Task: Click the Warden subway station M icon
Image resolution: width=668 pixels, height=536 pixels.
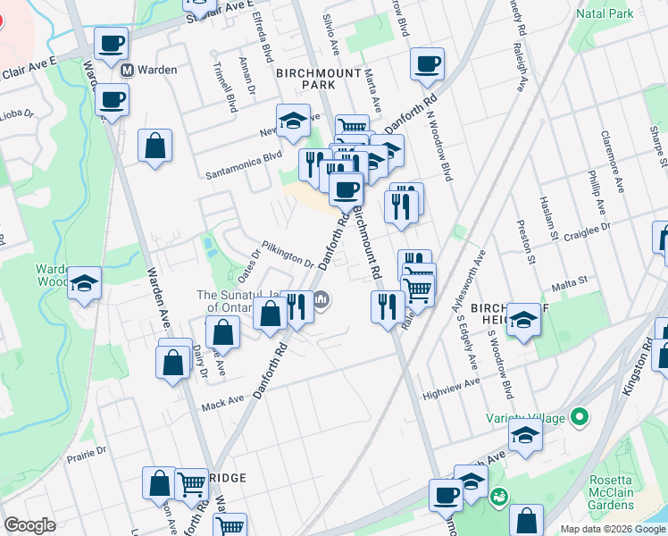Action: (128, 69)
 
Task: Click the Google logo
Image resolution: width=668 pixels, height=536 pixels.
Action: (29, 525)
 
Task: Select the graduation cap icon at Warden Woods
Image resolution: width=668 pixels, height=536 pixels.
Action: (84, 283)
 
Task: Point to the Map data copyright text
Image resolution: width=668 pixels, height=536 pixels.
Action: (611, 529)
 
